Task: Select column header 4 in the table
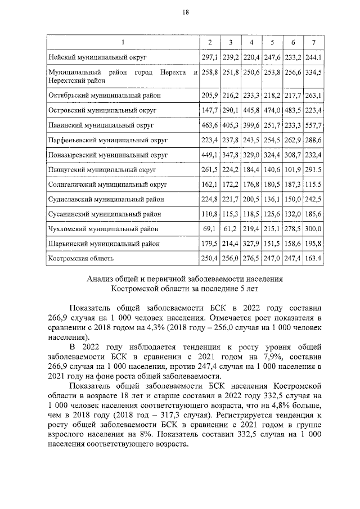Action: click(251, 43)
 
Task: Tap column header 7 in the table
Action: click(313, 43)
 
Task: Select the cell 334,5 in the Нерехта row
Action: click(313, 73)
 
